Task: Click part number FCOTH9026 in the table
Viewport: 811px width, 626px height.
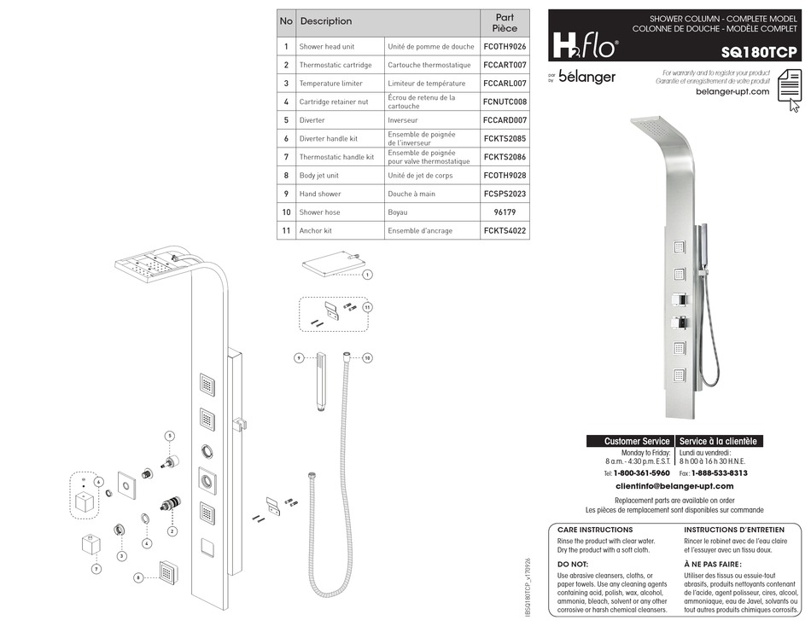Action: pos(505,47)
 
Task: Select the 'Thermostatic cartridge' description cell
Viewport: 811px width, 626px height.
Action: pos(335,65)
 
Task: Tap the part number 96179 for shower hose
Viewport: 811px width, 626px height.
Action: pos(505,212)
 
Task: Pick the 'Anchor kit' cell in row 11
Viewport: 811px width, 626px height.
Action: pos(316,230)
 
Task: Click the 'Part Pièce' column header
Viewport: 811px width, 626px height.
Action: pos(505,22)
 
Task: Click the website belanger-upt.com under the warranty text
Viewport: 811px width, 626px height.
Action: pos(732,91)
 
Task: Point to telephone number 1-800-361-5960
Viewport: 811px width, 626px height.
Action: pos(641,472)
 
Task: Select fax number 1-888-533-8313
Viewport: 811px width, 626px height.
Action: pos(719,472)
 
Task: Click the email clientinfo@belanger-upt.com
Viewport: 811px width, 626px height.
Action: pos(674,486)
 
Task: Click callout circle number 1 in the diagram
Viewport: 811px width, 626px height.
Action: pos(368,275)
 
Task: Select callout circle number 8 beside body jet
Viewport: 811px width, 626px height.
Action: pos(138,577)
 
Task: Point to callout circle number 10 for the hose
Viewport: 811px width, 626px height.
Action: pos(368,357)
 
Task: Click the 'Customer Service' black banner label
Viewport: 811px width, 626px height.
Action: pos(630,441)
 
